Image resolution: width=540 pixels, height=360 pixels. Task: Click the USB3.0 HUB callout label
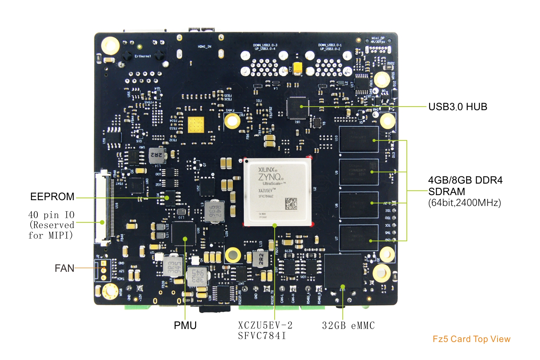458,107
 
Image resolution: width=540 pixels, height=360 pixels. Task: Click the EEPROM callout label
52,197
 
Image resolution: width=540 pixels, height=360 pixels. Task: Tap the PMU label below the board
185,325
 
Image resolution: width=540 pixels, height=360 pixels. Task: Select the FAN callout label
64,268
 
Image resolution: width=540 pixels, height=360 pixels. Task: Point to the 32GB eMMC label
348,326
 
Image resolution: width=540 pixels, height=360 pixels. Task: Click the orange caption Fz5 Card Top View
471,339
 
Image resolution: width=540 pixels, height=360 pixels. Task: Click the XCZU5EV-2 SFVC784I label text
265,330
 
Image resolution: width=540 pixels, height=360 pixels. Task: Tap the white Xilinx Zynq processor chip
278,192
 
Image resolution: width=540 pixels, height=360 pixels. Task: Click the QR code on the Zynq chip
291,203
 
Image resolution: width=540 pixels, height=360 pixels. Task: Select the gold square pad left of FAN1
196,125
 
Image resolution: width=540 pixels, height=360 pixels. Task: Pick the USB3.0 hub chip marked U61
297,107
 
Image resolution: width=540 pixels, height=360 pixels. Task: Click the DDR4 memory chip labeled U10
359,139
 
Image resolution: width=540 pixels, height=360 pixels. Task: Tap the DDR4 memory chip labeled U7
359,238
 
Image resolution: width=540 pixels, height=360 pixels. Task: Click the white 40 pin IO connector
103,208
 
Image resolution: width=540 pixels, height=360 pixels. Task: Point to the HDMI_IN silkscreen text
204,47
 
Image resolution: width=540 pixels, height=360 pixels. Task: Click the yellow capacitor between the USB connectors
298,68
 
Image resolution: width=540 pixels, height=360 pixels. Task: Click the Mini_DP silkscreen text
378,38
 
